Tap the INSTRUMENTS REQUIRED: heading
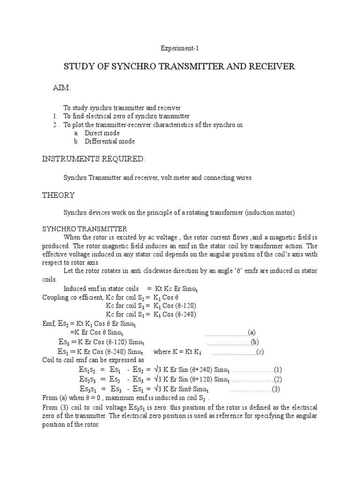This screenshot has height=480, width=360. tap(94, 159)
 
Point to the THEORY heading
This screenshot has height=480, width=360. tap(58, 195)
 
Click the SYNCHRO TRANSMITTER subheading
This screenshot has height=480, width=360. tap(85, 229)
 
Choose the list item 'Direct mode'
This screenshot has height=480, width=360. tap(102, 133)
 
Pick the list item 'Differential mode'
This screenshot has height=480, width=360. tap(110, 142)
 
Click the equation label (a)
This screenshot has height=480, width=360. tap(252, 332)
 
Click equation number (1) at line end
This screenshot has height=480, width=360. tap(277, 370)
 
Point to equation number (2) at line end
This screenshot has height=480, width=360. tap(277, 379)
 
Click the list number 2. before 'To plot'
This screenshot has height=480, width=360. tap(55, 125)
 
